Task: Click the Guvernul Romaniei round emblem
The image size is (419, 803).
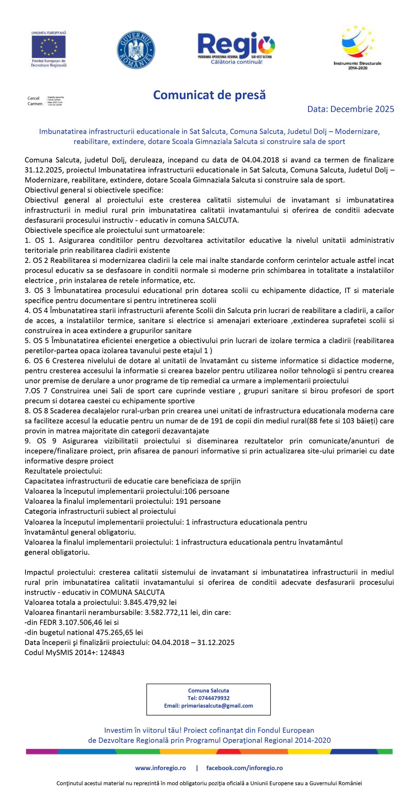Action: pyautogui.click(x=136, y=50)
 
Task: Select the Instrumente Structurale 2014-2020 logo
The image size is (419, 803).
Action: pyautogui.click(x=358, y=47)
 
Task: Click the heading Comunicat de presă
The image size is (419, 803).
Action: pyautogui.click(x=209, y=95)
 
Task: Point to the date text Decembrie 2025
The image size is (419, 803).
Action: pyautogui.click(x=362, y=109)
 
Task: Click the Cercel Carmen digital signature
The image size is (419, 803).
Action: pyautogui.click(x=45, y=101)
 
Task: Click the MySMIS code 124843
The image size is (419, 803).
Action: pyautogui.click(x=112, y=652)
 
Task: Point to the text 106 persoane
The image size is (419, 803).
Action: pyautogui.click(x=207, y=491)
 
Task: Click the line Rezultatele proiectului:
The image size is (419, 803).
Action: pyautogui.click(x=63, y=471)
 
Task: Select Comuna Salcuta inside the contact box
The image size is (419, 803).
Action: pyautogui.click(x=208, y=690)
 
